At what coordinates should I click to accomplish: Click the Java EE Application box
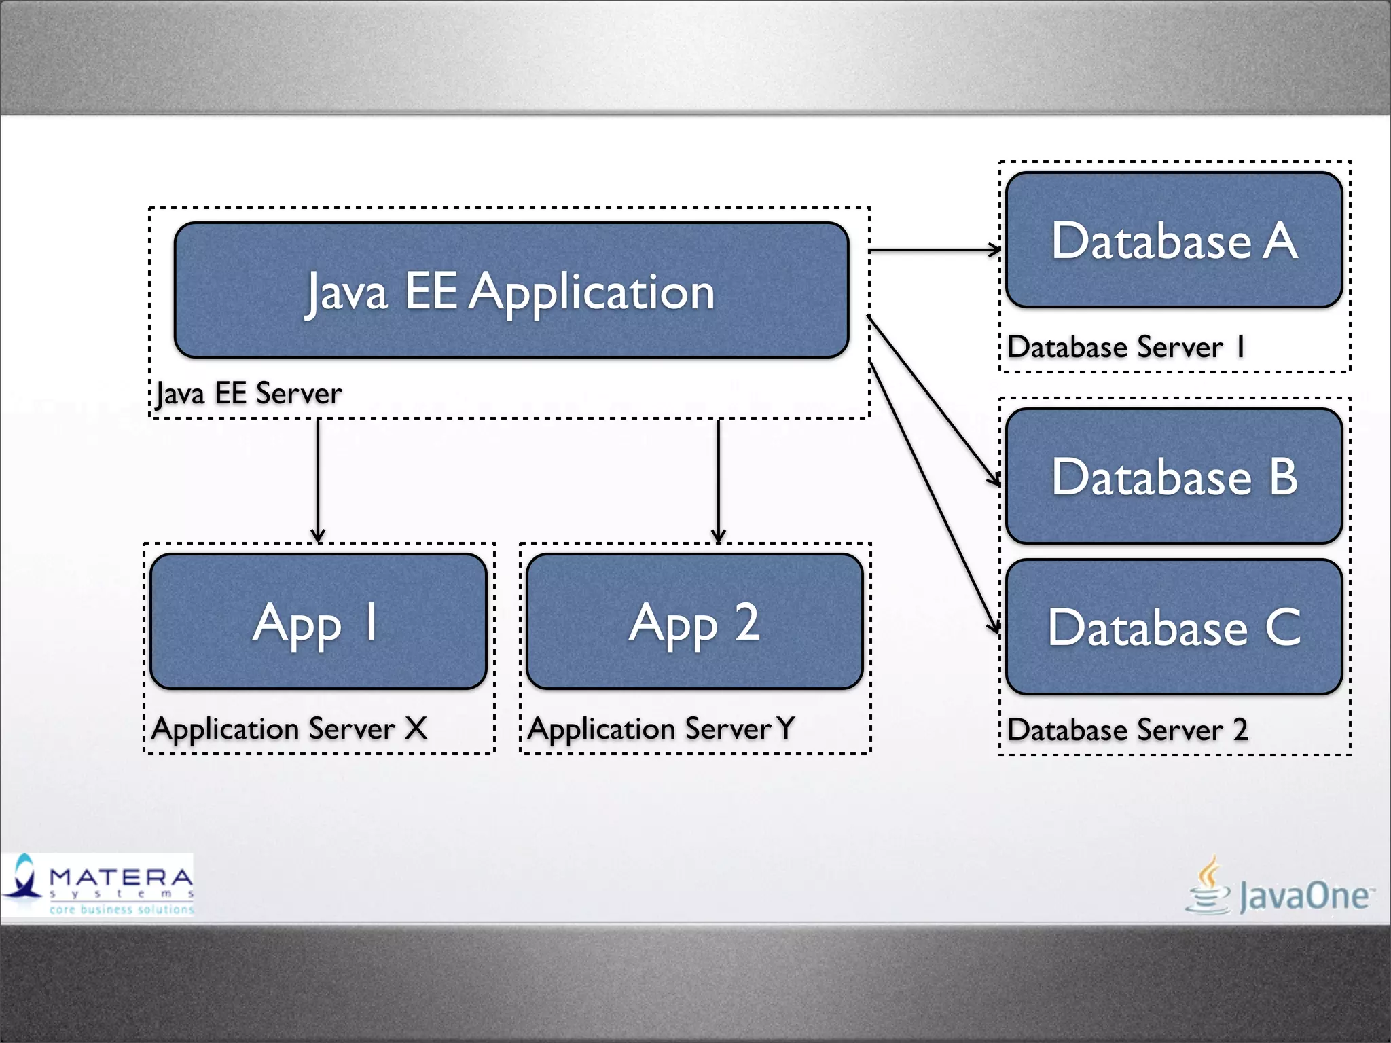point(511,290)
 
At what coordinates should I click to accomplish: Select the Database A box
point(1174,240)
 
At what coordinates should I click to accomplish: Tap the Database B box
point(1174,476)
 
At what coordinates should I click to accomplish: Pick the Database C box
point(1174,627)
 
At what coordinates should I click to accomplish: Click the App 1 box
point(318,621)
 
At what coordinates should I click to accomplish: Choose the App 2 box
point(694,621)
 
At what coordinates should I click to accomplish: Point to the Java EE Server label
point(249,393)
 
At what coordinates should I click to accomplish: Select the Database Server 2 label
point(1127,730)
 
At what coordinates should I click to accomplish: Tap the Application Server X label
point(289,729)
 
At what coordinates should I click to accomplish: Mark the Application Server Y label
point(660,729)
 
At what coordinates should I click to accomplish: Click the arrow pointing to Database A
point(934,251)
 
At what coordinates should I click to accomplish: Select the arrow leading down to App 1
point(318,479)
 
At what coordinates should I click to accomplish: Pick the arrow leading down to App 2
point(719,479)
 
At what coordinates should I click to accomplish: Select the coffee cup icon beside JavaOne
point(1208,887)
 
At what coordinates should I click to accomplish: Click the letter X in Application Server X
point(416,729)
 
